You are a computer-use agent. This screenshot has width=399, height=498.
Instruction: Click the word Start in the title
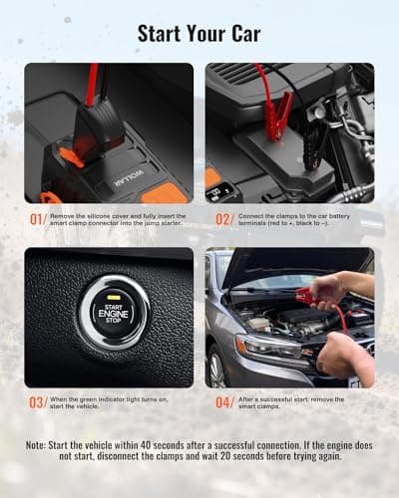pos(159,34)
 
